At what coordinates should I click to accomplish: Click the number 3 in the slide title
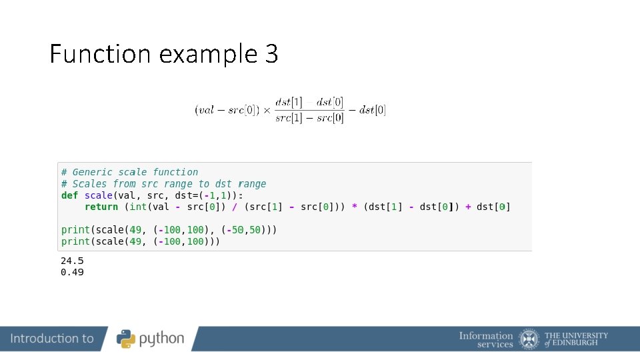click(271, 53)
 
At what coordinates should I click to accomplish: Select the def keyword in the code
click(69, 195)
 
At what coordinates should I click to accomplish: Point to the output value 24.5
click(72, 261)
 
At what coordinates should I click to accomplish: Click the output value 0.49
click(72, 272)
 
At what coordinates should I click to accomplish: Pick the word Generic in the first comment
click(93, 172)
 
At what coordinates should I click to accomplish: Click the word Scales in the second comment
click(90, 183)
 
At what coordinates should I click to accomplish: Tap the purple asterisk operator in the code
click(355, 207)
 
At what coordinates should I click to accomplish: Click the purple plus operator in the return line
click(468, 207)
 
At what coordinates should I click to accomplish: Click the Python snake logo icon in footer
click(127, 339)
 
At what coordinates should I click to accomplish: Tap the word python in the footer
click(162, 339)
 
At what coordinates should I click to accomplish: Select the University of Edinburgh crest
click(529, 339)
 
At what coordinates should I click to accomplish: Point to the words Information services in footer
click(486, 339)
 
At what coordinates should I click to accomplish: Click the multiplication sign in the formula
click(265, 110)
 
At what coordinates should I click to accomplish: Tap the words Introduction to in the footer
click(52, 339)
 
